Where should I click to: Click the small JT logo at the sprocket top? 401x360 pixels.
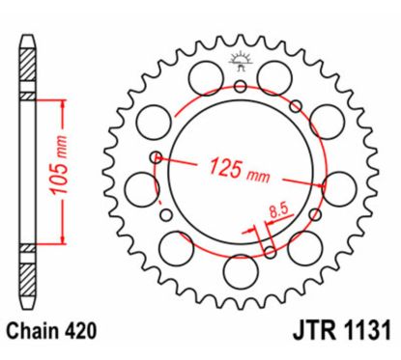[x=240, y=64]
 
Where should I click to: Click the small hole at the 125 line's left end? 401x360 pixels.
[x=155, y=156]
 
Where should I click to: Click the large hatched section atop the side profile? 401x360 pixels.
[x=28, y=67]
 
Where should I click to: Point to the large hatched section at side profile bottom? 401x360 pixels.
[x=28, y=282]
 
